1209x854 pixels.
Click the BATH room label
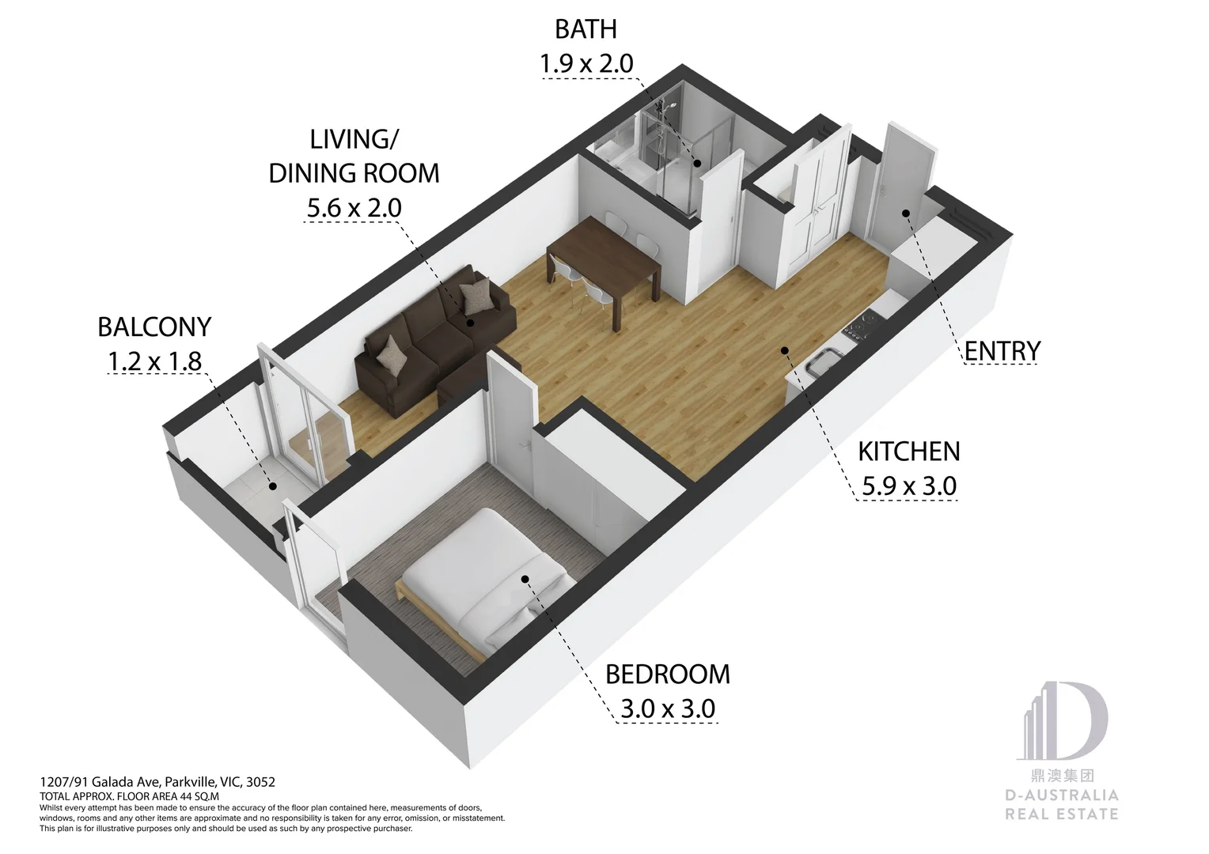[x=586, y=29]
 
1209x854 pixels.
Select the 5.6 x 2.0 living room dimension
[x=354, y=208]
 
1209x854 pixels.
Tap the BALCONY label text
[x=154, y=327]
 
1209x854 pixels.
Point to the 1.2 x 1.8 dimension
[x=155, y=361]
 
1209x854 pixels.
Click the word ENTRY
[x=1002, y=351]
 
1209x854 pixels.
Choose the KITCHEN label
[x=909, y=452]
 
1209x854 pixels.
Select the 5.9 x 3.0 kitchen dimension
[x=909, y=486]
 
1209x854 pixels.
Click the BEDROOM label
[x=668, y=675]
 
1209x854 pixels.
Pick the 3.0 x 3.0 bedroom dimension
[x=668, y=709]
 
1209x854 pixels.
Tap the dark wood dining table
[x=604, y=264]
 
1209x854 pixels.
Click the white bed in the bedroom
[x=488, y=580]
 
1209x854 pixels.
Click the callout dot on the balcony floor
[x=273, y=486]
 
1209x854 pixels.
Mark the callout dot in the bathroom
[x=697, y=163]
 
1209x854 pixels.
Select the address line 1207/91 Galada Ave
[x=157, y=782]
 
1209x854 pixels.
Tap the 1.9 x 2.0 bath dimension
[x=586, y=64]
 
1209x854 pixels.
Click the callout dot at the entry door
[x=906, y=213]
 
